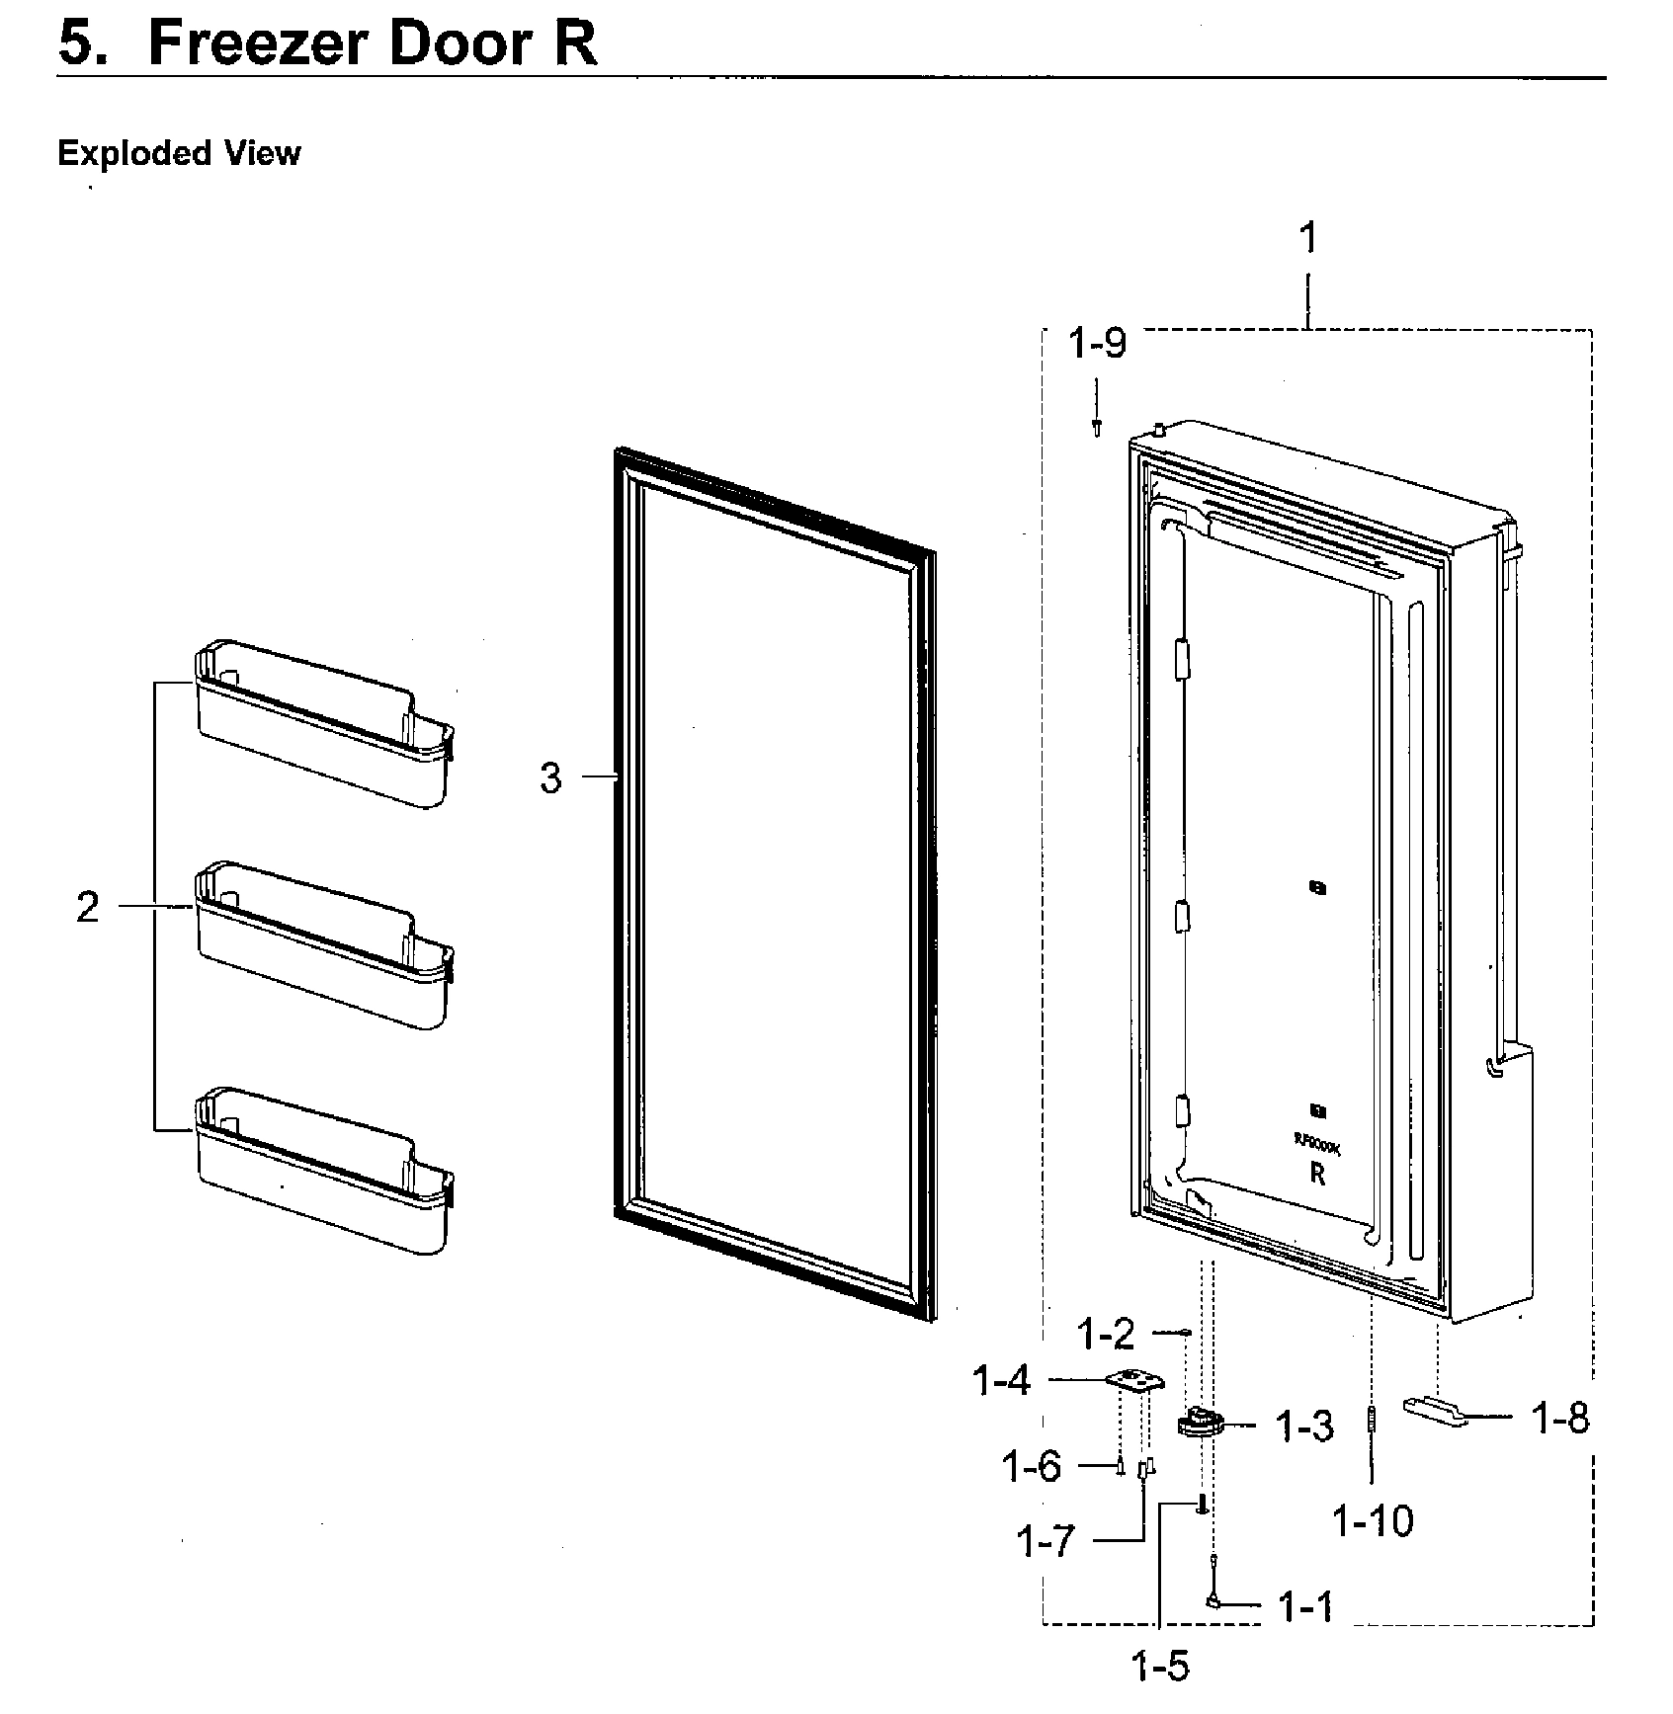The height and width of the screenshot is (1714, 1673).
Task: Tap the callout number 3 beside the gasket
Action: pyautogui.click(x=550, y=778)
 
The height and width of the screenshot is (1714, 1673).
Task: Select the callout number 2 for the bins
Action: pyautogui.click(x=88, y=907)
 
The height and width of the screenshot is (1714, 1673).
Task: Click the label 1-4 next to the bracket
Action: pyautogui.click(x=1002, y=1381)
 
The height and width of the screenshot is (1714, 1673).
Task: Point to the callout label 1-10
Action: pyautogui.click(x=1373, y=1521)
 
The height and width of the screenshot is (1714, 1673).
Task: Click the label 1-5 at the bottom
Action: pyautogui.click(x=1160, y=1668)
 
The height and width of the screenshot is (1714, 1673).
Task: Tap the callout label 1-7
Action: pyautogui.click(x=1045, y=1541)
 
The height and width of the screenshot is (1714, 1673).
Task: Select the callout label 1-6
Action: pyautogui.click(x=1031, y=1467)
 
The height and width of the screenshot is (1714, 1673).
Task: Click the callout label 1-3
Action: pyautogui.click(x=1304, y=1427)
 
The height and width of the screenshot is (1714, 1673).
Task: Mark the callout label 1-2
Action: pyautogui.click(x=1106, y=1336)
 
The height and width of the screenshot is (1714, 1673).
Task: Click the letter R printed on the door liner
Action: pyautogui.click(x=1316, y=1175)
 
